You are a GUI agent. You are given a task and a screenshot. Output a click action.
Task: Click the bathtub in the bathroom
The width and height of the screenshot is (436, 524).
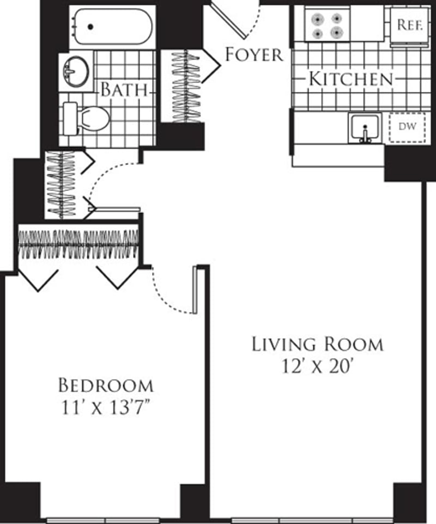pyautogui.click(x=112, y=26)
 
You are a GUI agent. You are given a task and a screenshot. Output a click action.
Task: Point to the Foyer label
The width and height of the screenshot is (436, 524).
pyautogui.click(x=254, y=54)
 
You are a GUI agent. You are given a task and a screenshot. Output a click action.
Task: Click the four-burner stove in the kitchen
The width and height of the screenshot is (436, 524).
pyautogui.click(x=326, y=25)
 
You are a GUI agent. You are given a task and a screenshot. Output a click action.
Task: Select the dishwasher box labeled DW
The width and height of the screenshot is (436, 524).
pyautogui.click(x=405, y=127)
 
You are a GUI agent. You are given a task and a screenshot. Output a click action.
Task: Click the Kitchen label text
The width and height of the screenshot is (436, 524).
pyautogui.click(x=350, y=79)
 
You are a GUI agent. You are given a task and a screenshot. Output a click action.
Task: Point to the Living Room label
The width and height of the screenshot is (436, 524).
pyautogui.click(x=317, y=344)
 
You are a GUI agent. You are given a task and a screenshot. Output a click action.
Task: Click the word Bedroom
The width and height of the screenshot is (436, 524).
pyautogui.click(x=106, y=386)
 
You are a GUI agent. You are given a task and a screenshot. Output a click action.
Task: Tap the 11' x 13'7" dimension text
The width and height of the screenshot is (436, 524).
pyautogui.click(x=106, y=408)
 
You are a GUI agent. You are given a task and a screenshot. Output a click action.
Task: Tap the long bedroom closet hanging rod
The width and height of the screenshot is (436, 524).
pyautogui.click(x=78, y=244)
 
